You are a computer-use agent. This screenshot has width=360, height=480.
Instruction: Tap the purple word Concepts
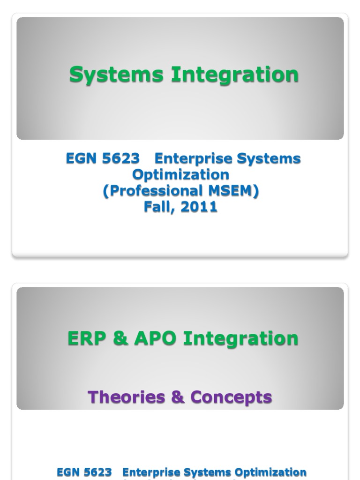pyautogui.click(x=231, y=397)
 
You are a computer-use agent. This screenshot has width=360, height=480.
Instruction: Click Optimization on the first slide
pyautogui.click(x=180, y=175)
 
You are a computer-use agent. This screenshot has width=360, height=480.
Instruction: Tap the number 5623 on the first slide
pyautogui.click(x=120, y=159)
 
